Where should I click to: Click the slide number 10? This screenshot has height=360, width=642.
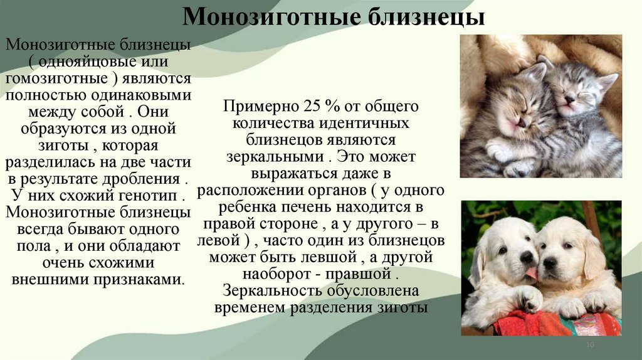(x=589, y=346)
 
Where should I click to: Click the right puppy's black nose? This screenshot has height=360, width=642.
(x=549, y=262)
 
